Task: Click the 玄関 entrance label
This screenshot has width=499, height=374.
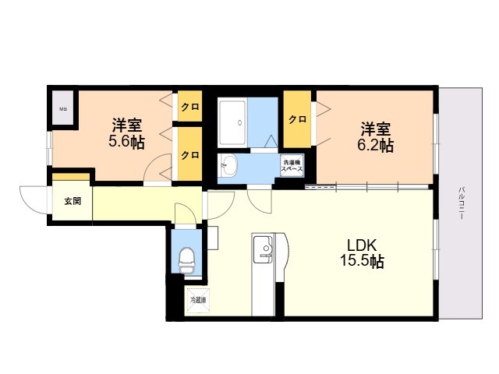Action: pyautogui.click(x=72, y=201)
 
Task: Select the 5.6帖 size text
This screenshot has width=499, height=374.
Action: pyautogui.click(x=126, y=142)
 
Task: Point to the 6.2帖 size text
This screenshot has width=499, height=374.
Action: pyautogui.click(x=376, y=145)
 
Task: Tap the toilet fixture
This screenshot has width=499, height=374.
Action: pyautogui.click(x=186, y=258)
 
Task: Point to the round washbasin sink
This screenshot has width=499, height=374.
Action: pyautogui.click(x=228, y=164)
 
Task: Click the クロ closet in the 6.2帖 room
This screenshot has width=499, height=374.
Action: pyautogui.click(x=297, y=119)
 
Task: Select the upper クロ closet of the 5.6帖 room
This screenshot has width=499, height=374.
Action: pyautogui.click(x=189, y=107)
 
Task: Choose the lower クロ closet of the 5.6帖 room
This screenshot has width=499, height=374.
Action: pyautogui.click(x=189, y=154)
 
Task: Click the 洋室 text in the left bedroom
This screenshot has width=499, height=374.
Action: pyautogui.click(x=126, y=125)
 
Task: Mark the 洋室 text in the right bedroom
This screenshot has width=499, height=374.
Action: pyautogui.click(x=376, y=128)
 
